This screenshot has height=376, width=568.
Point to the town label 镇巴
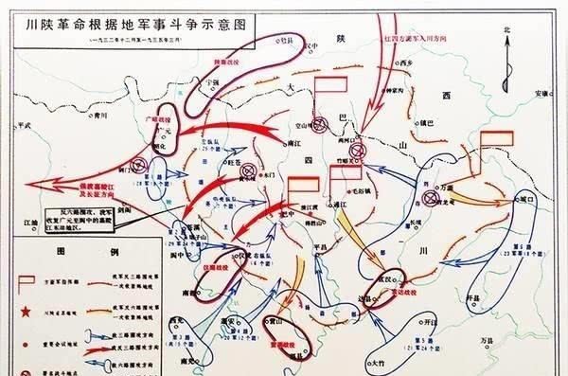(x=432, y=122)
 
